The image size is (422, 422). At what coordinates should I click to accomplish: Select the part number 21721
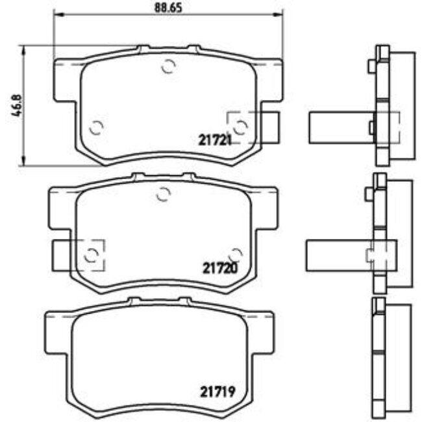[215, 139]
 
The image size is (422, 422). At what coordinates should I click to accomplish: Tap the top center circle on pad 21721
[168, 66]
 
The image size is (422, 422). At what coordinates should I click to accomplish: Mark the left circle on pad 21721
[96, 128]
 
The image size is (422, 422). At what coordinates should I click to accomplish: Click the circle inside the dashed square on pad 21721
[240, 127]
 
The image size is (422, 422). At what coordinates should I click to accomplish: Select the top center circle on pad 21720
[164, 193]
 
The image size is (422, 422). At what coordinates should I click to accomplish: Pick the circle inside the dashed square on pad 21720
[93, 254]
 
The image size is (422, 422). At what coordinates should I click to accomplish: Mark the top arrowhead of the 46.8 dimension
[24, 49]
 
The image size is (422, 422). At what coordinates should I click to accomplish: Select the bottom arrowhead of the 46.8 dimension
[24, 162]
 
